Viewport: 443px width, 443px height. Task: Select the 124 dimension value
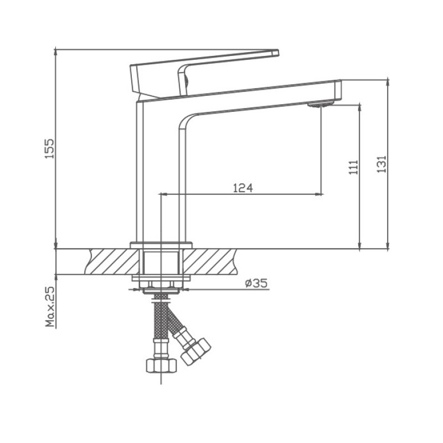(243, 188)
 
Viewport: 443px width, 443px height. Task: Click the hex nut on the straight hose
(161, 365)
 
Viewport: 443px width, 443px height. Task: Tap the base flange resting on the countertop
(161, 245)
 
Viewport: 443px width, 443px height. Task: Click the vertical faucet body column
(161, 166)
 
